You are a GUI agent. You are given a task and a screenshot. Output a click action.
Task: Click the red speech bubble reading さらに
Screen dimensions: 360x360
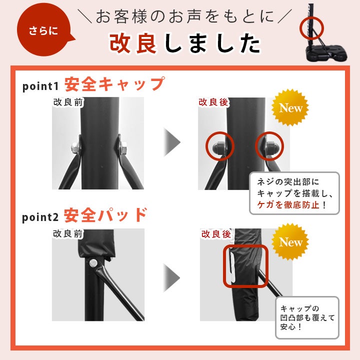[43, 30]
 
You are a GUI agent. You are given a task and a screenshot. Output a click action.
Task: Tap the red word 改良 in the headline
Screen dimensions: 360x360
[133, 43]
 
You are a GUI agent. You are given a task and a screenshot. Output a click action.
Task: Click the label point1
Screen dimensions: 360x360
[40, 86]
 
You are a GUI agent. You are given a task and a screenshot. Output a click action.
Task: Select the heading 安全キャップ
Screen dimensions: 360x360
[114, 84]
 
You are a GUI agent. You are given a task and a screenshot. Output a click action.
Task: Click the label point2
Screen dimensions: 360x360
[40, 217]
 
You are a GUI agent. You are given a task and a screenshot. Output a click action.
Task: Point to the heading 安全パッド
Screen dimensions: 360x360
[105, 215]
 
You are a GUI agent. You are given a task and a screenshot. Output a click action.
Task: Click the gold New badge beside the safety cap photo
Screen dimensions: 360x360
[290, 107]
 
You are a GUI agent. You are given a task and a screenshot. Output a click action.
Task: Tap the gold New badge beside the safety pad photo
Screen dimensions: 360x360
[290, 242]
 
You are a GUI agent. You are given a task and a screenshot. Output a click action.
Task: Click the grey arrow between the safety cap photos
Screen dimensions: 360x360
[172, 142]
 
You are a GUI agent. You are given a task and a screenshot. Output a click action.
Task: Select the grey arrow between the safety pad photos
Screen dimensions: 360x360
[171, 278]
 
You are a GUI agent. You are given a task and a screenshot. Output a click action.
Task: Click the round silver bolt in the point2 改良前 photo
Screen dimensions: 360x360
[93, 263]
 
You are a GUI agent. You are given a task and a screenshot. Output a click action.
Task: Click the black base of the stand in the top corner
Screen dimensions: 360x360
[325, 53]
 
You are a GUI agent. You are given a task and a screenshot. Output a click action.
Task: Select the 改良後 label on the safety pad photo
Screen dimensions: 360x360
[216, 234]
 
